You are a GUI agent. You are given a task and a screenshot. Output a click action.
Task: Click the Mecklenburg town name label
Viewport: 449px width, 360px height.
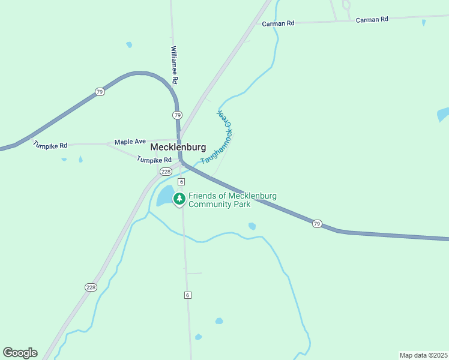(178, 147)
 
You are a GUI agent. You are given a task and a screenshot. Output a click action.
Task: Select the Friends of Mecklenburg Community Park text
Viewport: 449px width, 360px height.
(232, 200)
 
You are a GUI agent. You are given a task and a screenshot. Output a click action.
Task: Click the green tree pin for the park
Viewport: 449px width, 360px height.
(179, 199)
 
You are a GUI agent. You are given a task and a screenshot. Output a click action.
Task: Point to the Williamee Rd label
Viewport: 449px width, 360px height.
(174, 65)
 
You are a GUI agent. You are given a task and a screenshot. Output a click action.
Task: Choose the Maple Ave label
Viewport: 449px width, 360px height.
(130, 142)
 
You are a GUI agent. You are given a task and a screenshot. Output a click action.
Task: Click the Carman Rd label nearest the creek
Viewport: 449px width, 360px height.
(279, 23)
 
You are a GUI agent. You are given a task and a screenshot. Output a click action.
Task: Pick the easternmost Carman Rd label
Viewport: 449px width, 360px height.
(372, 20)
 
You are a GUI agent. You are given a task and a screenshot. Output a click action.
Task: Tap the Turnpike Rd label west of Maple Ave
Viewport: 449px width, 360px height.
(50, 145)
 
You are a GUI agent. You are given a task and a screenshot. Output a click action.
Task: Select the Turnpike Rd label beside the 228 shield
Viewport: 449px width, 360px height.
(154, 160)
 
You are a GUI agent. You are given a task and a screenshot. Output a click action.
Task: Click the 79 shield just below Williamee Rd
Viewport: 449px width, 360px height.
(176, 115)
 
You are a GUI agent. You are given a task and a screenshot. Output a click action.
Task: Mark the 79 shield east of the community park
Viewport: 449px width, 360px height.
(317, 224)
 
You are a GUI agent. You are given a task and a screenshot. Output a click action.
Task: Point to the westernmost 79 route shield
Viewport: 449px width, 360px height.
(99, 92)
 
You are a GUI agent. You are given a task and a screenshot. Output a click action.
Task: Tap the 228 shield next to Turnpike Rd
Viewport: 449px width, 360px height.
(166, 172)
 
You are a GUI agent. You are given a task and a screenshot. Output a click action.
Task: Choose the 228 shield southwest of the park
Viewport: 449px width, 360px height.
(91, 287)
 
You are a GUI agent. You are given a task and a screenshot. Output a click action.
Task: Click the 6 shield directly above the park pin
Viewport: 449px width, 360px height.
(181, 182)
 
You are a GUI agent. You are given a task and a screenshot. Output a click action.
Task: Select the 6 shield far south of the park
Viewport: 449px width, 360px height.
(187, 295)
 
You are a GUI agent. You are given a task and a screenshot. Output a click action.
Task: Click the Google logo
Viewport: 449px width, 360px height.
(20, 353)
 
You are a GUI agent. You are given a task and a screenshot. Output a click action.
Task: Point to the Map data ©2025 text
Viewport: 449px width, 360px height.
(423, 355)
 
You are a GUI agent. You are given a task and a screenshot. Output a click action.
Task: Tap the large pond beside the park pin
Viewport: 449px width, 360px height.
(164, 195)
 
